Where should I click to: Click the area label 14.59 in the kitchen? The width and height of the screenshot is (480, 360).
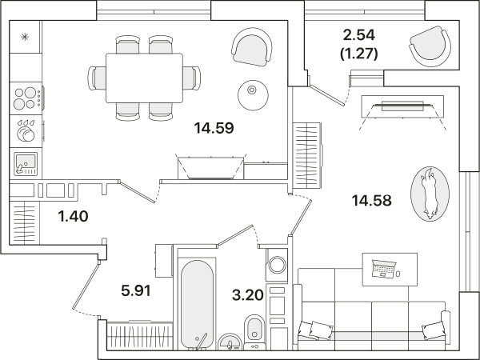click(214, 128)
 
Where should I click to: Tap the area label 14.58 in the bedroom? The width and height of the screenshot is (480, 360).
click(372, 201)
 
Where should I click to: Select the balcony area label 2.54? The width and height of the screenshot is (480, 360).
click(358, 35)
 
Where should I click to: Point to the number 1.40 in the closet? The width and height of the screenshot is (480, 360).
click(73, 216)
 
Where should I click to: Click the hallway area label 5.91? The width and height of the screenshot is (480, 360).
click(136, 290)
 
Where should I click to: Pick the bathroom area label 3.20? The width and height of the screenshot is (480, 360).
click(248, 295)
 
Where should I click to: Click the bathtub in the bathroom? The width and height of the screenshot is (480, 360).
click(197, 304)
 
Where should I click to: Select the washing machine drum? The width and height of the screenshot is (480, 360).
click(277, 265)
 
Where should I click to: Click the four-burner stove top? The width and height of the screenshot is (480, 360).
click(26, 98)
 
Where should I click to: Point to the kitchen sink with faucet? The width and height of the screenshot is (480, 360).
click(26, 164)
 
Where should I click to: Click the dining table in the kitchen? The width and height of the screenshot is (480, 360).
click(144, 78)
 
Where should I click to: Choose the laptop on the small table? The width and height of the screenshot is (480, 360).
click(383, 269)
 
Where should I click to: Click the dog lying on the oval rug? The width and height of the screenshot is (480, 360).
click(429, 193)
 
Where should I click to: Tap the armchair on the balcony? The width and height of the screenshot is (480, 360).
click(430, 46)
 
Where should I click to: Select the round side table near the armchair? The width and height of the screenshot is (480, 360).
click(253, 95)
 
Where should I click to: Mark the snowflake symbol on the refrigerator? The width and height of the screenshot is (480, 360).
click(25, 37)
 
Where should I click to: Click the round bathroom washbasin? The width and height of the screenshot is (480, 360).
click(230, 342)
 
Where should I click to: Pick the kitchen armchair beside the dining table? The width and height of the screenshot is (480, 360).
click(252, 47)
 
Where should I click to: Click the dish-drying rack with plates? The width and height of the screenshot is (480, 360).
click(26, 131)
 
